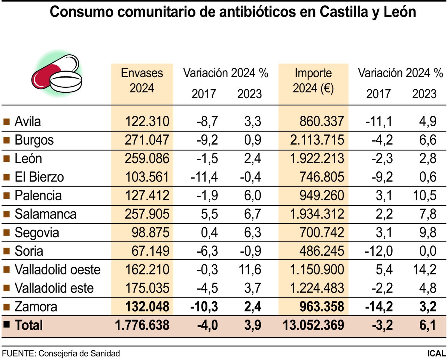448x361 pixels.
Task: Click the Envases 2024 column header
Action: point(142,81)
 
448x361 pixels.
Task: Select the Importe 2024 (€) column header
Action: point(313,81)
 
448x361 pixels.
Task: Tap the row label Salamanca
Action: point(45,214)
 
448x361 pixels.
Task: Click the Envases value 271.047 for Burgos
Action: point(147,140)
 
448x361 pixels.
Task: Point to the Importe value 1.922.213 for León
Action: point(317,159)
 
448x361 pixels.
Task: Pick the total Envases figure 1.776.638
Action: point(142,325)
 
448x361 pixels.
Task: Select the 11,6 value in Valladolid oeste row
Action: point(250,270)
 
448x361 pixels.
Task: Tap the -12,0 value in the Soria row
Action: point(379,251)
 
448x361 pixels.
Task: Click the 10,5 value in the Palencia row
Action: point(424,196)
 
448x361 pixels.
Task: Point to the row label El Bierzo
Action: point(39,177)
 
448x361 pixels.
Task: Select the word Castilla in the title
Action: point(343,12)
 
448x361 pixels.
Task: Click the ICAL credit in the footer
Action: point(436,353)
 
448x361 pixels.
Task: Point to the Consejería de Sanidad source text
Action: point(79,353)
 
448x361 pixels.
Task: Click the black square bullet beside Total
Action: point(6,325)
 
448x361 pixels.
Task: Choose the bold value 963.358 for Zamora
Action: point(321,307)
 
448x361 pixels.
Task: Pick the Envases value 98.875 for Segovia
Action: point(150,233)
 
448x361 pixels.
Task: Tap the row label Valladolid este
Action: point(54,288)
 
